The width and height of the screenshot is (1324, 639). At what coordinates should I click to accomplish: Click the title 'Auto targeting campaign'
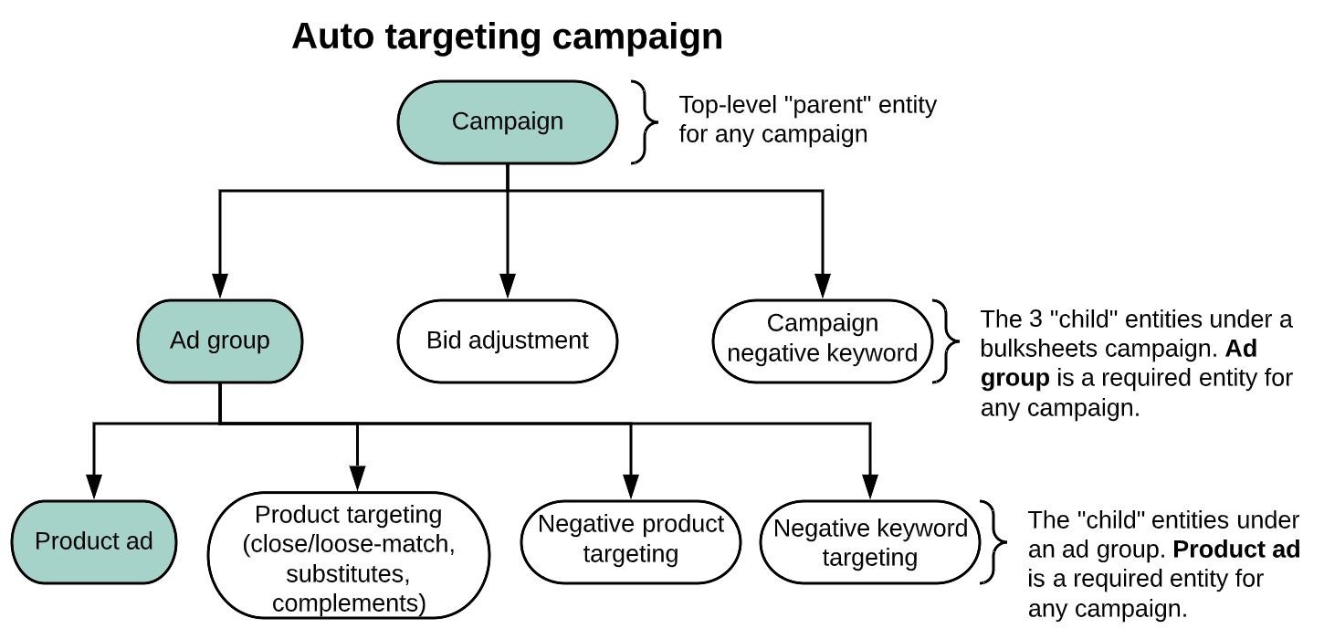tap(507, 37)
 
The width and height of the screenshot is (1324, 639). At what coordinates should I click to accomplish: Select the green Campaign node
tap(508, 121)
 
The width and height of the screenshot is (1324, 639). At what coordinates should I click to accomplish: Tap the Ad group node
tap(220, 340)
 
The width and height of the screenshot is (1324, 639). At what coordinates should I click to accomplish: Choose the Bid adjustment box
tap(508, 340)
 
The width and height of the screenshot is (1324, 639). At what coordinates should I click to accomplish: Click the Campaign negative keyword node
tap(822, 339)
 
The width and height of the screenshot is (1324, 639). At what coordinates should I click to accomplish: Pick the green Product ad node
tap(94, 541)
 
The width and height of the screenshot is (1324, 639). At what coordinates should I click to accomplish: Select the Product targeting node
tap(349, 558)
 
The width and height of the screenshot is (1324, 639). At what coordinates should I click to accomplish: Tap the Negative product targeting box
tap(631, 539)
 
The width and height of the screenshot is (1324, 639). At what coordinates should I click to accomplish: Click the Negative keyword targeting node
tap(870, 542)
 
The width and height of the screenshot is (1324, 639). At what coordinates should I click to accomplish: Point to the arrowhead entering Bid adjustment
tap(508, 286)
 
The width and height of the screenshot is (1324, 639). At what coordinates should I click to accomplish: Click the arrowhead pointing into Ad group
tap(220, 286)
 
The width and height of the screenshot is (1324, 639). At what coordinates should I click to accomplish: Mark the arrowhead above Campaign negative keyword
tap(822, 286)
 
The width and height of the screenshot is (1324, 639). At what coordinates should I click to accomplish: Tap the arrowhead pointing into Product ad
tap(94, 486)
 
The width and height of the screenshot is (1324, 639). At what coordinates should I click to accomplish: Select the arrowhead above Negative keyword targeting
tap(870, 486)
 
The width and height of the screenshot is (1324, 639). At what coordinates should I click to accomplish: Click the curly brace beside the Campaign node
tap(646, 121)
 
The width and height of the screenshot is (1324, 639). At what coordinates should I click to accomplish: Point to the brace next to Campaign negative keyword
tap(947, 340)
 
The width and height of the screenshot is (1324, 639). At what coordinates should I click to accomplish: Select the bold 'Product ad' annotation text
tap(1236, 550)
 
